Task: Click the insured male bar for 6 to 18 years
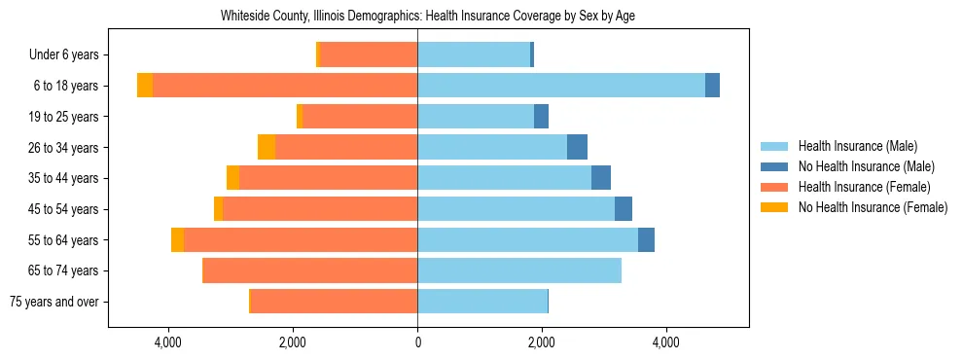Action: click(561, 86)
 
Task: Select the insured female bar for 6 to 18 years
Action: click(285, 86)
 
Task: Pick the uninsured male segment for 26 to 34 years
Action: click(577, 148)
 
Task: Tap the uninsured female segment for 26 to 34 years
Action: click(267, 148)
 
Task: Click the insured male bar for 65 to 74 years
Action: click(519, 270)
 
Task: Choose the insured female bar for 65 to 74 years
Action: click(310, 270)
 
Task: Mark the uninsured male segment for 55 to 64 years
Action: click(646, 239)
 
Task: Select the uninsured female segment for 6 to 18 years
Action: click(145, 86)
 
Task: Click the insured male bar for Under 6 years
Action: click(474, 54)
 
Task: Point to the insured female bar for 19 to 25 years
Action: click(360, 117)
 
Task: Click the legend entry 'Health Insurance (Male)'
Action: click(857, 146)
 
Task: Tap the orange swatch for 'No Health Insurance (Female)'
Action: click(774, 207)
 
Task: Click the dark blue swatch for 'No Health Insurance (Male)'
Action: click(774, 166)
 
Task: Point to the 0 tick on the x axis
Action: click(417, 342)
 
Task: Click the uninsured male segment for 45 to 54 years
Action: click(624, 209)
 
